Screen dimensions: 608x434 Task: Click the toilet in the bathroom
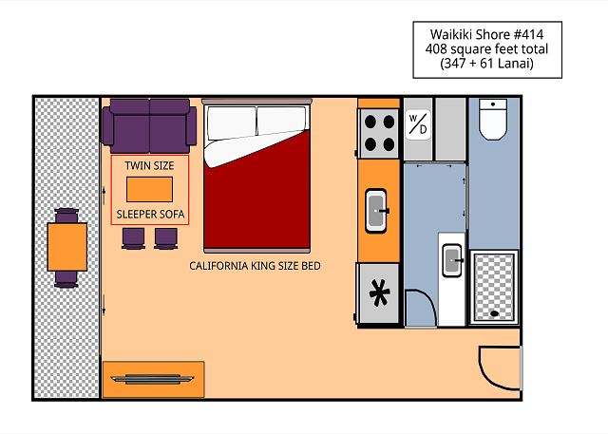point(493,119)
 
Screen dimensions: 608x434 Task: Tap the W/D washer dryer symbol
point(418,124)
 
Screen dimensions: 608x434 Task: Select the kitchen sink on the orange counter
point(376,211)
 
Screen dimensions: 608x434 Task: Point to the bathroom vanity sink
point(452,260)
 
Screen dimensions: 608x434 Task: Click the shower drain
point(494,313)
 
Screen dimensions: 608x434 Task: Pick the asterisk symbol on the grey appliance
point(379,292)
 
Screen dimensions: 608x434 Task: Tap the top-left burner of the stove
point(370,122)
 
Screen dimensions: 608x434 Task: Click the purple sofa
point(150,126)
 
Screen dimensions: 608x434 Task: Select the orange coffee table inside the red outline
point(150,190)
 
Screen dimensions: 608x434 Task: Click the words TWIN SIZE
point(150,166)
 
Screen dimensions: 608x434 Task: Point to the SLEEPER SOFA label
point(150,215)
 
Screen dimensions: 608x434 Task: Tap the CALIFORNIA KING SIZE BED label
point(256,266)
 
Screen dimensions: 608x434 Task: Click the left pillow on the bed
point(232,123)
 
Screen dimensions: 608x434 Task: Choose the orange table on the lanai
point(67,247)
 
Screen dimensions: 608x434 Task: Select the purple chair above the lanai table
point(66,216)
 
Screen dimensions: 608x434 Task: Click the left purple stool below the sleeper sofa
point(133,238)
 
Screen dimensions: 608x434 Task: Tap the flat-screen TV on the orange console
point(152,379)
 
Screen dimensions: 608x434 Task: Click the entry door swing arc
point(493,375)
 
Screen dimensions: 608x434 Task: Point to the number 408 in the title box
point(436,49)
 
